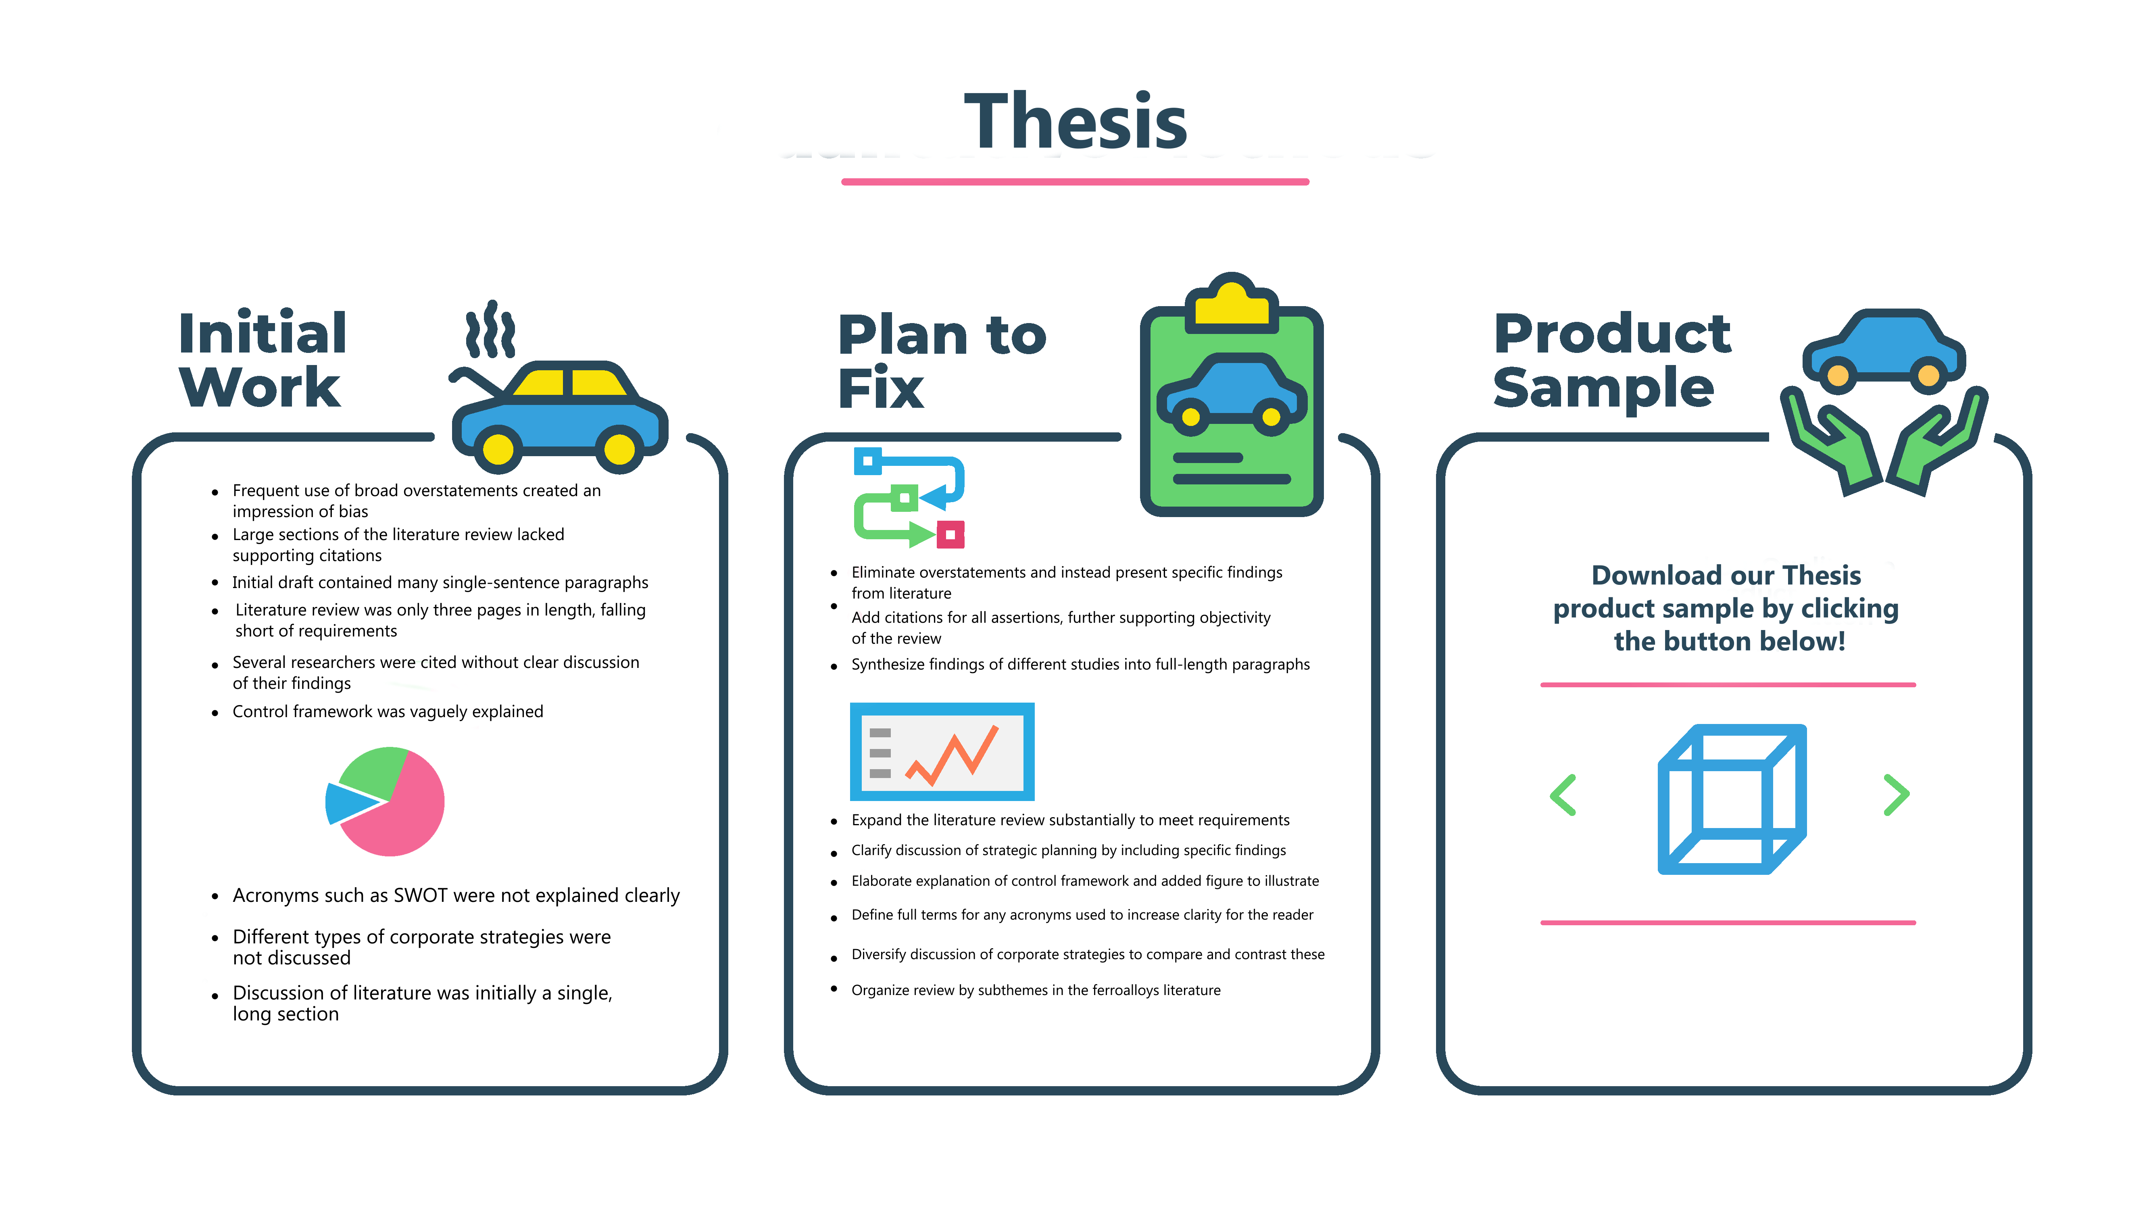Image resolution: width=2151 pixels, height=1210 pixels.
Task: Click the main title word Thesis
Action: pos(1075,122)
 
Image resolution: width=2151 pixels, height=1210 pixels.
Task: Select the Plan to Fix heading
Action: pos(941,361)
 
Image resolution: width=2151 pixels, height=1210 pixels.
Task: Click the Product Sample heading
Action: pos(1611,361)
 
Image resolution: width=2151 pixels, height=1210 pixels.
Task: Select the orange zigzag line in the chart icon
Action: pos(952,756)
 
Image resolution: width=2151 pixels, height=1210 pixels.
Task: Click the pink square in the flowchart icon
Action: pos(950,534)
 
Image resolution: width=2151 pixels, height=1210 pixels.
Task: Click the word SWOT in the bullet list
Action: pos(421,895)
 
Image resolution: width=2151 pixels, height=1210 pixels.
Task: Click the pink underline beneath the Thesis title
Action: pos(1075,181)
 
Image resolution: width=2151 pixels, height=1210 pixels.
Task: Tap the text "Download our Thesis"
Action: pos(1726,576)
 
